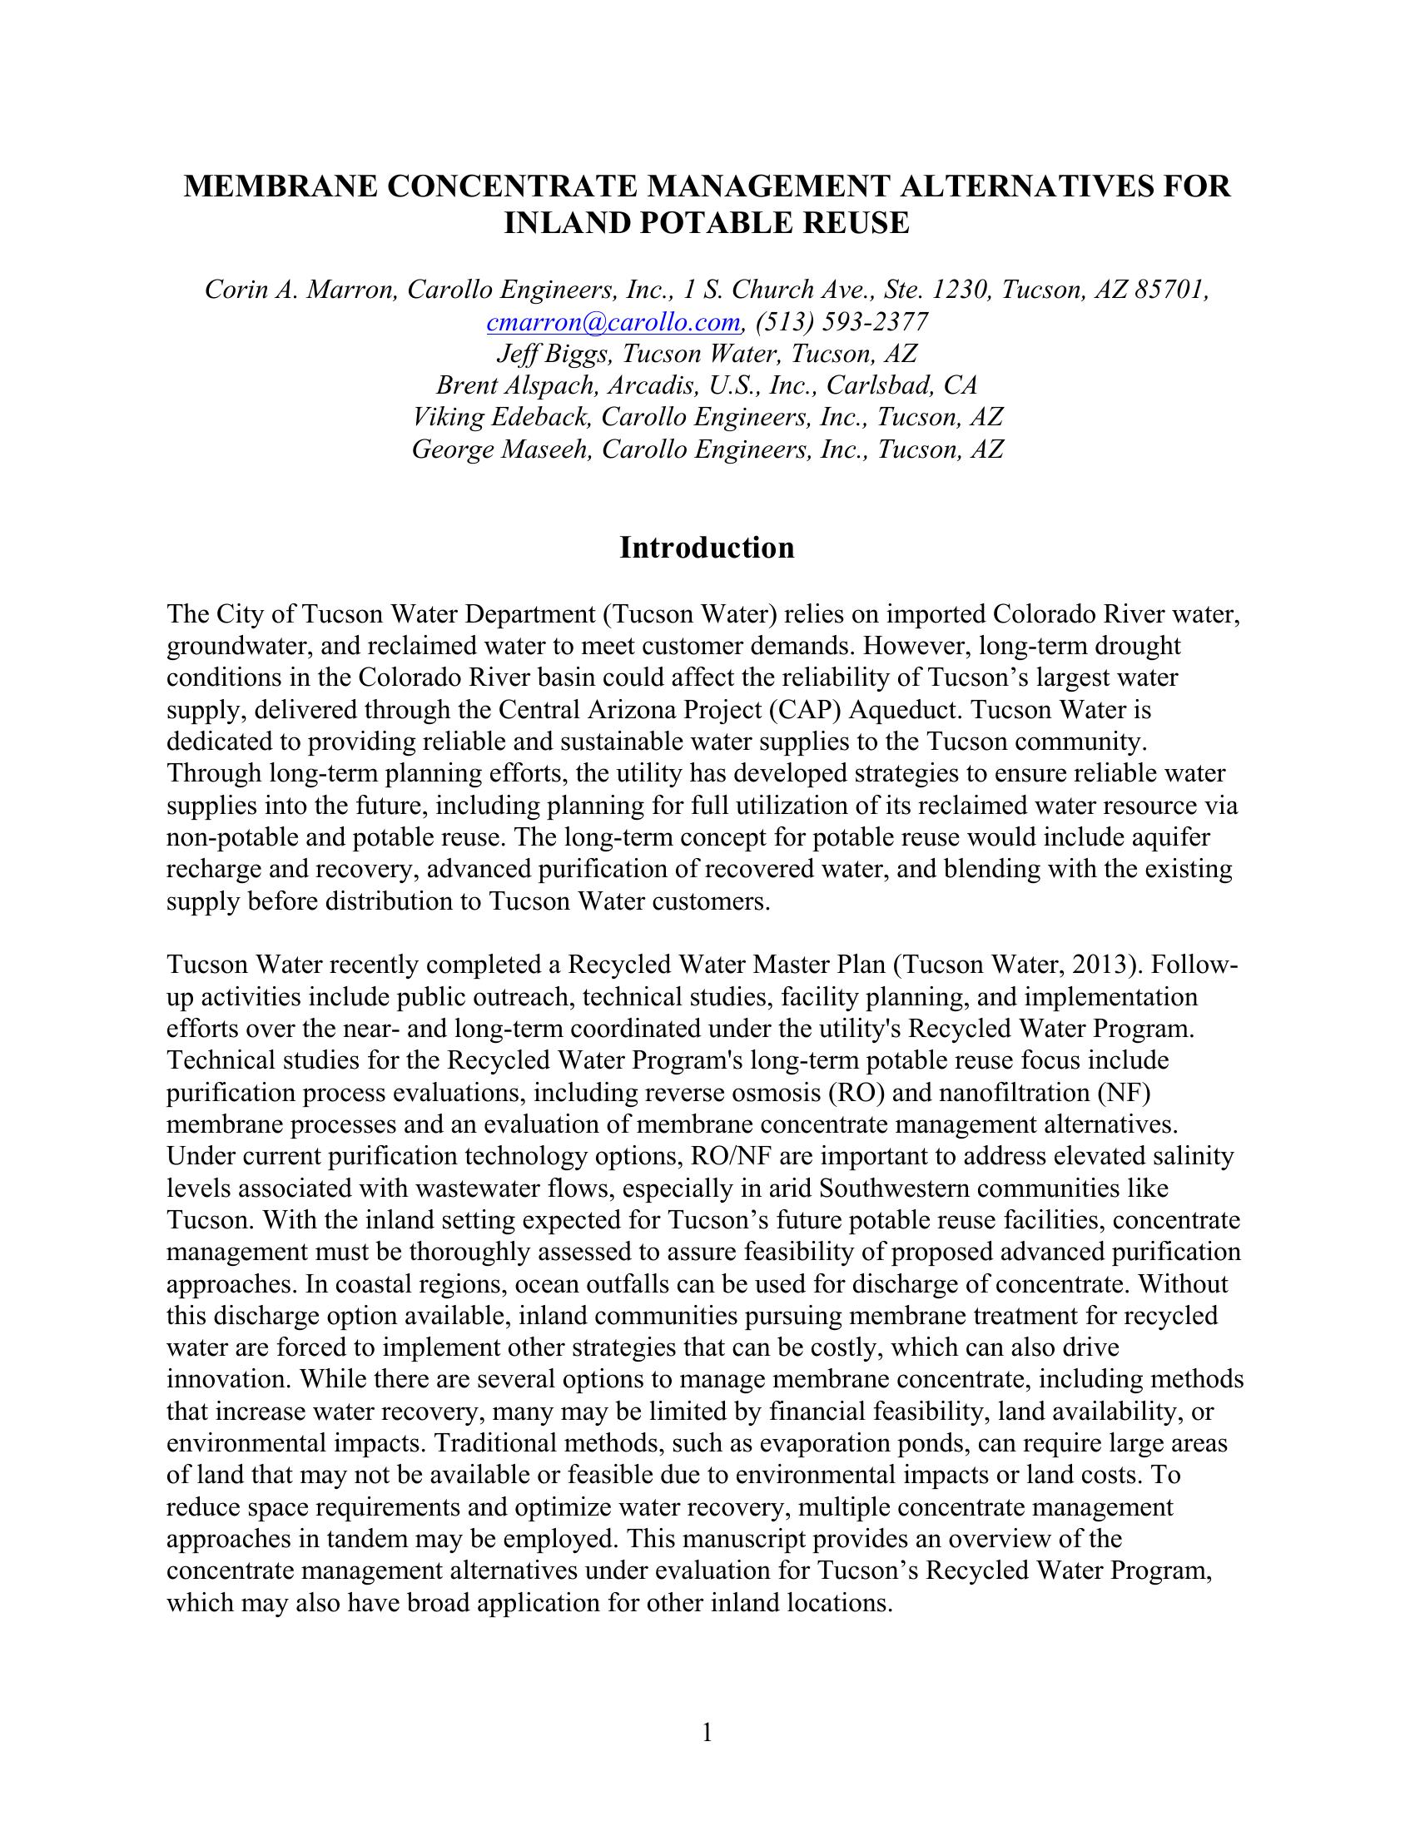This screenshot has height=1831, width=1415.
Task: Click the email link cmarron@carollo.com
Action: point(613,322)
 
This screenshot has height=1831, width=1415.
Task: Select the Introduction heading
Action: point(707,548)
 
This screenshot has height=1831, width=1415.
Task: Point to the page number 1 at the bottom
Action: point(707,1731)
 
